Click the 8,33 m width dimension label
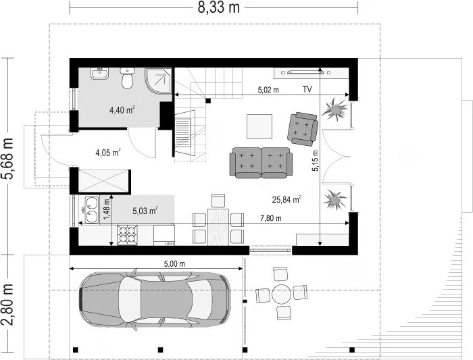pos(219,7)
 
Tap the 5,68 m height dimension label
pos(7,159)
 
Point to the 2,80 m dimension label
pos(7,305)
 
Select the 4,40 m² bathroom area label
pos(122,109)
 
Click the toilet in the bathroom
pos(127,78)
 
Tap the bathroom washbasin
pos(99,74)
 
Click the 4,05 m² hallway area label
pos(108,153)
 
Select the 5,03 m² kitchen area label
pos(145,211)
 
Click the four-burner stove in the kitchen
pos(127,235)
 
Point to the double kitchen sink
pos(92,210)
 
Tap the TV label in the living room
pos(307,89)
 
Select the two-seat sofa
pos(261,163)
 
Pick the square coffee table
pos(259,126)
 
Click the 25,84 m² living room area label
pos(287,199)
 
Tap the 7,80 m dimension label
pos(271,218)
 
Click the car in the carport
pos(155,299)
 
